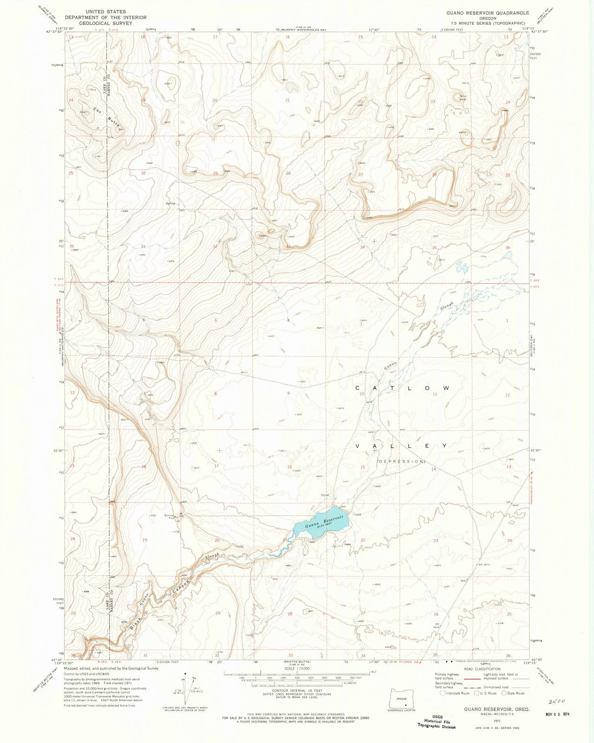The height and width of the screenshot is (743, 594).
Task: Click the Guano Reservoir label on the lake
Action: [321, 522]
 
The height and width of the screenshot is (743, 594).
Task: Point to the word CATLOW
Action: [402, 388]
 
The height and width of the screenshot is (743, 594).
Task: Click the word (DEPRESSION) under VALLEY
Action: [401, 461]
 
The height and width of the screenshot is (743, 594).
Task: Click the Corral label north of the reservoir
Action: [326, 495]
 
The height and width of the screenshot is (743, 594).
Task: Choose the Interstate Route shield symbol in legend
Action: [443, 693]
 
